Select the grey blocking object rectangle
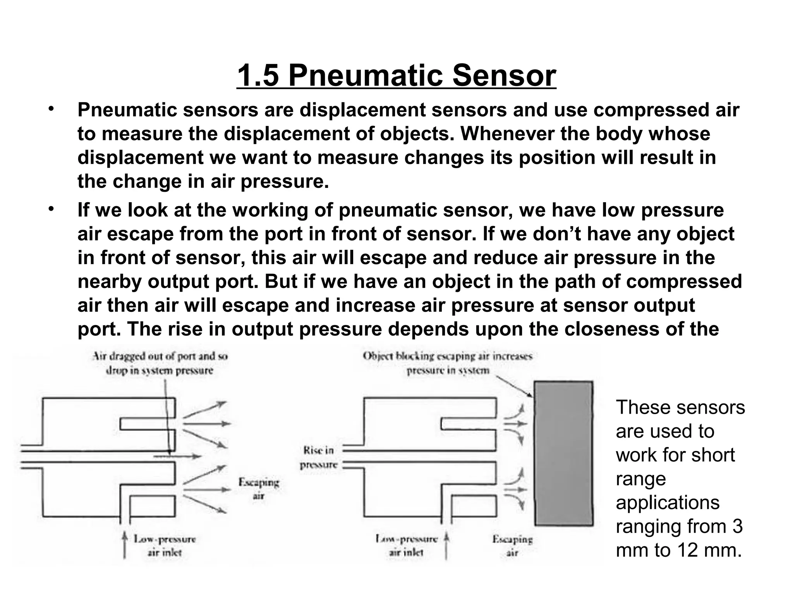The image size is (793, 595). [563, 453]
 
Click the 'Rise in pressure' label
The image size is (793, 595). [319, 457]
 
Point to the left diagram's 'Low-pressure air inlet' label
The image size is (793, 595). [165, 545]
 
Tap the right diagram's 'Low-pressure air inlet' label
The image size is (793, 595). [406, 545]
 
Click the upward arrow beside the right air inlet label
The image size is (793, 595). [446, 546]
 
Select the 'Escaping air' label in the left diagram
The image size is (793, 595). [258, 489]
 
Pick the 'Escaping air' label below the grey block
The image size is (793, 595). [512, 545]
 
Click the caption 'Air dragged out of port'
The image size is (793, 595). [160, 356]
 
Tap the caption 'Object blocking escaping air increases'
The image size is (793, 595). [448, 356]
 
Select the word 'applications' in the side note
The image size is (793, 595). [668, 502]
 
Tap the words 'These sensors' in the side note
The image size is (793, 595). [680, 408]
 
